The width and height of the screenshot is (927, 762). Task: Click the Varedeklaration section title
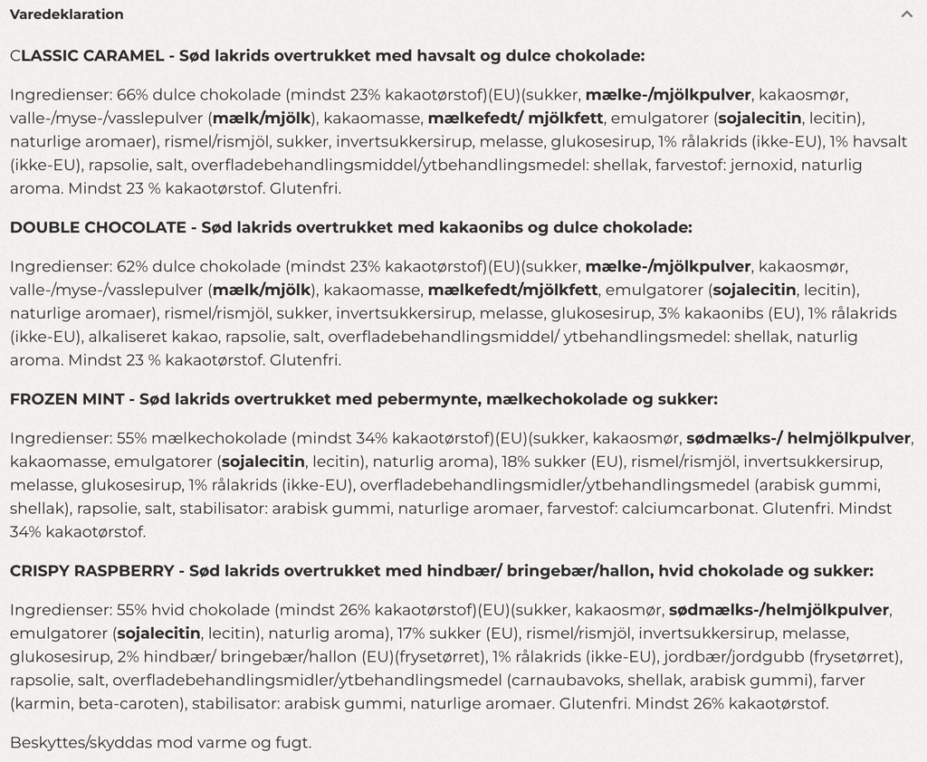[66, 14]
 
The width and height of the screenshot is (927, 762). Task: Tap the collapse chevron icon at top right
[906, 14]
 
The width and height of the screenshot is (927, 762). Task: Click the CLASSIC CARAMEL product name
[87, 56]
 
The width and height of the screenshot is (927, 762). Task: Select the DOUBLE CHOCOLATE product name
[98, 227]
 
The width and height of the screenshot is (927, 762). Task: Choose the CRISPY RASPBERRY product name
[91, 571]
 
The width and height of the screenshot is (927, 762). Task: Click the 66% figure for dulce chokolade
[133, 95]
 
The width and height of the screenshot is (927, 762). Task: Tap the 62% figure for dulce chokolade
[133, 267]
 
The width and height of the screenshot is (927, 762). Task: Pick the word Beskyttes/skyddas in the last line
[81, 743]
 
